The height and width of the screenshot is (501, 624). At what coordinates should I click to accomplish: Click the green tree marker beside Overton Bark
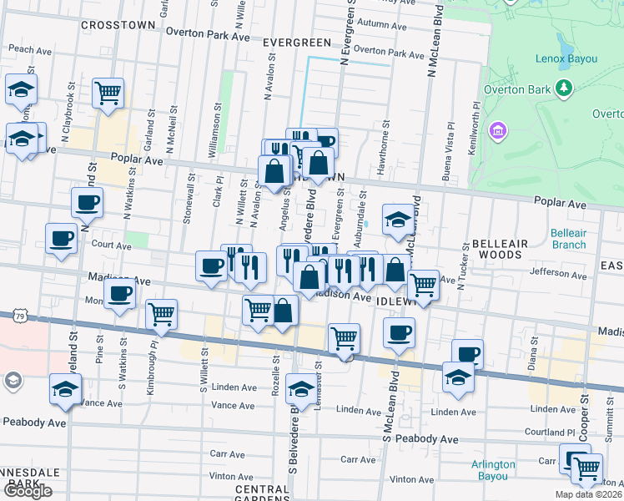point(564,87)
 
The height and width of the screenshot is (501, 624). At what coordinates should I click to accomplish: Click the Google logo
point(28,491)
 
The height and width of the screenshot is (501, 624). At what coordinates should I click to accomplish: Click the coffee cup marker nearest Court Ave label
point(61,237)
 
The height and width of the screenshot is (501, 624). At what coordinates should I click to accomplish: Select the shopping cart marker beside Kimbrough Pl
point(161,315)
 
